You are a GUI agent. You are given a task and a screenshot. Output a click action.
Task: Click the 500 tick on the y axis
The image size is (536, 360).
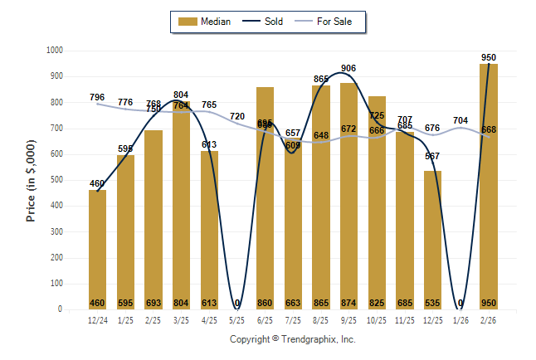(x=56, y=180)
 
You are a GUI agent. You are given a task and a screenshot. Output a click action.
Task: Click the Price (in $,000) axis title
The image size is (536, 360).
(x=31, y=180)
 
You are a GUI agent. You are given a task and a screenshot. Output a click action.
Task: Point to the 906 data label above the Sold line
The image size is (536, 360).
(x=348, y=68)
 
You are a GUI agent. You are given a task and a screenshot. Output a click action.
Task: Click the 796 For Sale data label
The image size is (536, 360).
(x=97, y=98)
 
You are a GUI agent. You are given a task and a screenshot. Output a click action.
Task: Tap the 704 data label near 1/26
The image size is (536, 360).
(x=460, y=120)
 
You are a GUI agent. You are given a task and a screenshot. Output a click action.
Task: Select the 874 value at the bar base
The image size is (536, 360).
(x=349, y=303)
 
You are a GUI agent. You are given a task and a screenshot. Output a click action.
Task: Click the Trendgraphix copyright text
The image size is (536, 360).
(x=292, y=339)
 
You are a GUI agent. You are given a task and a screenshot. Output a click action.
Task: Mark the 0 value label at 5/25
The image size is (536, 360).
(x=237, y=303)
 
